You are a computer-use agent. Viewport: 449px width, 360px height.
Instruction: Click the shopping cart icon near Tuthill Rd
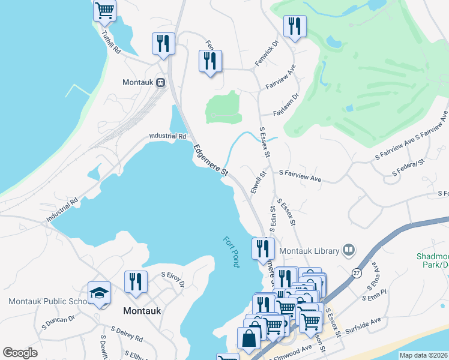(104, 10)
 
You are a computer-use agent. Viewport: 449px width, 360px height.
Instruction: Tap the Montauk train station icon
(161, 82)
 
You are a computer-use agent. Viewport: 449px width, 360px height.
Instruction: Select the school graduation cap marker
(99, 293)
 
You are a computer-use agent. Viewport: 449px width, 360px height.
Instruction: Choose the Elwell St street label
(258, 182)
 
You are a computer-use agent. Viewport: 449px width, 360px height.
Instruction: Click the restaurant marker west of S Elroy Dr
(136, 281)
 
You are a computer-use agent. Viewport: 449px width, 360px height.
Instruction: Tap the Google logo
(20, 353)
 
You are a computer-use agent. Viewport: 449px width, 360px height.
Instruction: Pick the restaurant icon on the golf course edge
(294, 26)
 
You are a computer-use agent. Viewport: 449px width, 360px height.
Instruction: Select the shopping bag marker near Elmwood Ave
(249, 337)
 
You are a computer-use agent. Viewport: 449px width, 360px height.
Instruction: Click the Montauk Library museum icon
(349, 250)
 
